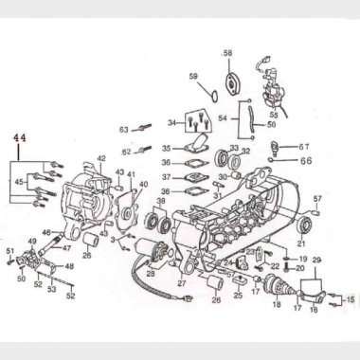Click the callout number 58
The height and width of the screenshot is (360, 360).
227,53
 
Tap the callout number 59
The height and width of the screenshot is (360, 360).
193,77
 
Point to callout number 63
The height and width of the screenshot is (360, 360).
123,130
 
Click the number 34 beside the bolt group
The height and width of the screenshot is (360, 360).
171,123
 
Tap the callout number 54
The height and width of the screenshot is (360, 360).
224,118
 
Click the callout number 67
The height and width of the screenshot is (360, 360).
304,147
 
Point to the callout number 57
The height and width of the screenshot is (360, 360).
317,199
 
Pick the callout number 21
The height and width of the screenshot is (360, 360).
302,244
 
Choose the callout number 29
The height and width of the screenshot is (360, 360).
317,260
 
